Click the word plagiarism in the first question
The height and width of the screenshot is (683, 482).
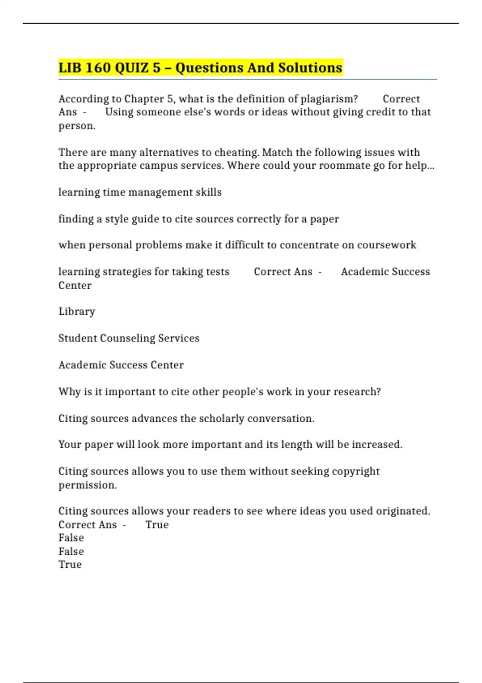pos(329,99)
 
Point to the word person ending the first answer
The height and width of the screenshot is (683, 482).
pos(76,126)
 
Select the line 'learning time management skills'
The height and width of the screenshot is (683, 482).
pos(140,192)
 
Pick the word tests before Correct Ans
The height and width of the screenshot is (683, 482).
pos(217,272)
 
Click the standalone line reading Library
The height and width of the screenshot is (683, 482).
pos(77,311)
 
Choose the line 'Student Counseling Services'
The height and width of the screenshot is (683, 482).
pos(129,338)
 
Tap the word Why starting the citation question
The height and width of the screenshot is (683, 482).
pos(69,392)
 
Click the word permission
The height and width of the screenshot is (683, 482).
pos(87,485)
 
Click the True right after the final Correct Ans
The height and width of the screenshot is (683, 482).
pos(157,525)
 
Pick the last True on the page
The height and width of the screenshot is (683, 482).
pos(70,564)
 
